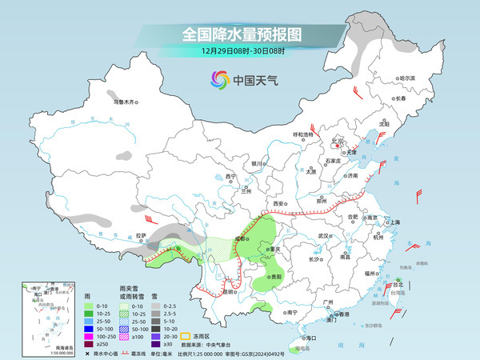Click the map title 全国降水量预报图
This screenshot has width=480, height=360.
240,34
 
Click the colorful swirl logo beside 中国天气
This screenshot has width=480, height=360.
219,80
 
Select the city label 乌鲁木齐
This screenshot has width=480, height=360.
125,102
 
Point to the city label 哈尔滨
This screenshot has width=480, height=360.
408,78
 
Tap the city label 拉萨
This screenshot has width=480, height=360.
141,235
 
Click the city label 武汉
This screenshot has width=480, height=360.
323,236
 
